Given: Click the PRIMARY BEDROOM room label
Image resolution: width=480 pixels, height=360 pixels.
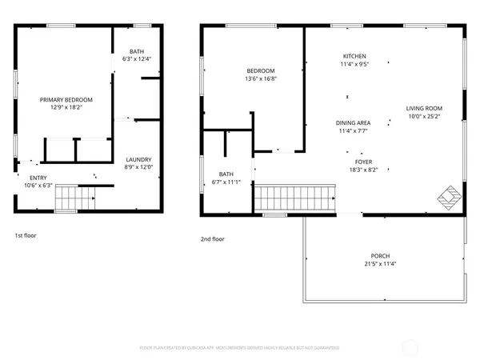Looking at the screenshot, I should coord(66,100).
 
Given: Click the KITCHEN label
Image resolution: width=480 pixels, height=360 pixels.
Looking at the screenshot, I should coord(354,56).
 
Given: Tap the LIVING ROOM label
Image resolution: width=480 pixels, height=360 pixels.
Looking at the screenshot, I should coord(424,108).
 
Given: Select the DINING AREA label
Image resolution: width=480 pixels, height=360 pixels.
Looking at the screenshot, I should coord(353,122).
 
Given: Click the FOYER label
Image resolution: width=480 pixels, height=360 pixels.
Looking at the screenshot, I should coord(353,161).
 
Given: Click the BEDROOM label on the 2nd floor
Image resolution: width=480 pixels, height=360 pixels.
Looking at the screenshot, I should coord(260,70).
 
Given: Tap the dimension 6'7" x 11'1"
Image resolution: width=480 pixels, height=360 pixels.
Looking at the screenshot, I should coord(226,182).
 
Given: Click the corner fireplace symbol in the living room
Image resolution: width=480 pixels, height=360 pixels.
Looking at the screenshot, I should coord(451,195).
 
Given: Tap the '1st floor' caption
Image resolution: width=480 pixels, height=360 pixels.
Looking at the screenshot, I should coord(26,236).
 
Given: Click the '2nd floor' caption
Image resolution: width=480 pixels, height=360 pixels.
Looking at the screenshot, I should coord(213,238).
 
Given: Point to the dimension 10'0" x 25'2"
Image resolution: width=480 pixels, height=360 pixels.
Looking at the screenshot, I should coord(424,116).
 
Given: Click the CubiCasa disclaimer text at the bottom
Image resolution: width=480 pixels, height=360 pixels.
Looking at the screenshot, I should coord(240,348).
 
